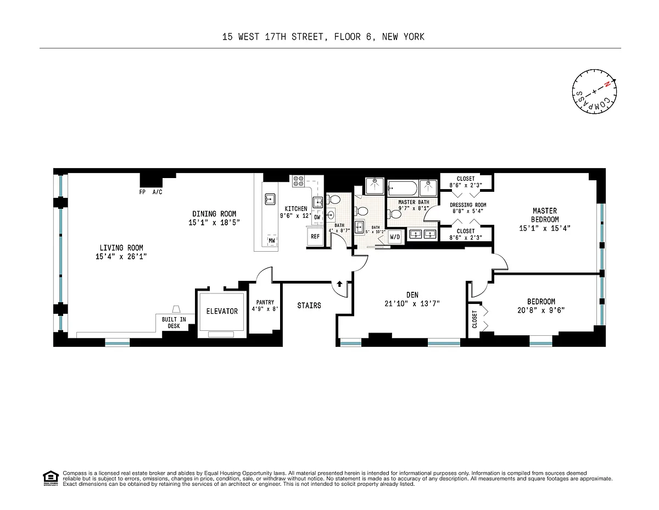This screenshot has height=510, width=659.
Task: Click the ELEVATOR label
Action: click(x=222, y=311)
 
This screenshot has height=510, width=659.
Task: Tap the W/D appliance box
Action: click(x=394, y=237)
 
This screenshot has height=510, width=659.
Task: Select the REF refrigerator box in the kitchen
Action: click(x=315, y=236)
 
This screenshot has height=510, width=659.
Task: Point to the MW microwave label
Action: click(x=271, y=241)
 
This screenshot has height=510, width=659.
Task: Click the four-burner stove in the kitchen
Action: click(x=298, y=181)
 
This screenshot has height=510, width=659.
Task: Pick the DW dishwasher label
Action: click(x=317, y=217)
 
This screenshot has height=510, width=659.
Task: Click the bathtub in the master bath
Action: click(x=403, y=188)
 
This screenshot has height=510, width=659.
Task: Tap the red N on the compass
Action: click(x=607, y=85)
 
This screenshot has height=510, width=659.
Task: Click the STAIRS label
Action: click(x=309, y=305)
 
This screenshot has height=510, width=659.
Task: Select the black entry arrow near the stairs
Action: click(x=339, y=284)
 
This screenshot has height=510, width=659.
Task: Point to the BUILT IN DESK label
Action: click(x=174, y=323)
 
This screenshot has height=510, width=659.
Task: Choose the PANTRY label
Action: click(x=265, y=302)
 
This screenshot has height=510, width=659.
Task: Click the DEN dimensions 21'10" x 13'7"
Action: click(x=412, y=303)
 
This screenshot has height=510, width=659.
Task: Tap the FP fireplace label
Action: click(x=142, y=192)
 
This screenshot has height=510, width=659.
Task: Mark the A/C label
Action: click(x=157, y=192)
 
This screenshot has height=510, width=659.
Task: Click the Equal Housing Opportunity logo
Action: click(x=51, y=478)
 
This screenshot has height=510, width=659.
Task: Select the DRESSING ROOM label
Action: click(x=468, y=205)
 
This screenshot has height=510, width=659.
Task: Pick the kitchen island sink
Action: click(x=270, y=199)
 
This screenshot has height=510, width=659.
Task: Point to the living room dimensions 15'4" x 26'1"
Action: click(x=121, y=256)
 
